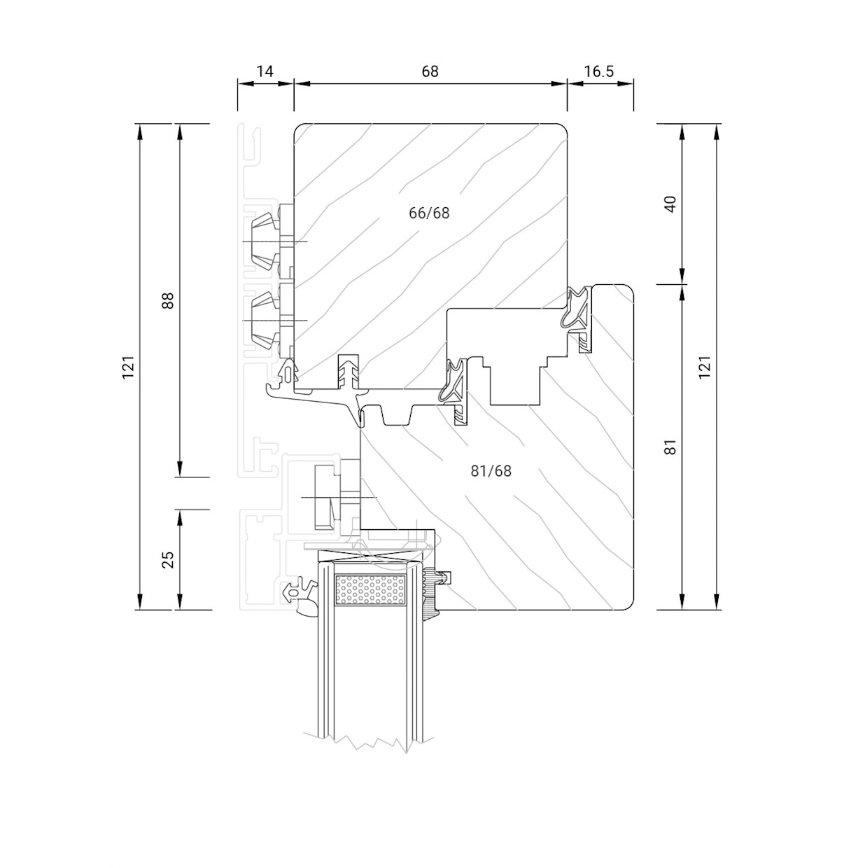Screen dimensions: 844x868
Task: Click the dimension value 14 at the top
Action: click(265, 71)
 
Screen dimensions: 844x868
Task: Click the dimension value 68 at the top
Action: click(430, 71)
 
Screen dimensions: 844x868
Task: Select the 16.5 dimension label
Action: click(600, 71)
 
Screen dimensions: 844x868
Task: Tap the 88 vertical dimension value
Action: click(167, 300)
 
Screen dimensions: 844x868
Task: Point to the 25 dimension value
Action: click(167, 559)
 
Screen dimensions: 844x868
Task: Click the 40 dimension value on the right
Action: click(670, 204)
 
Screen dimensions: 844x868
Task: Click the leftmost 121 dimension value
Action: click(128, 367)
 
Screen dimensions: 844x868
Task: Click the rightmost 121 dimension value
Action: click(705, 367)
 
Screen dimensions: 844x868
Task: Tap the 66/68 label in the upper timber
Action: click(429, 213)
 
